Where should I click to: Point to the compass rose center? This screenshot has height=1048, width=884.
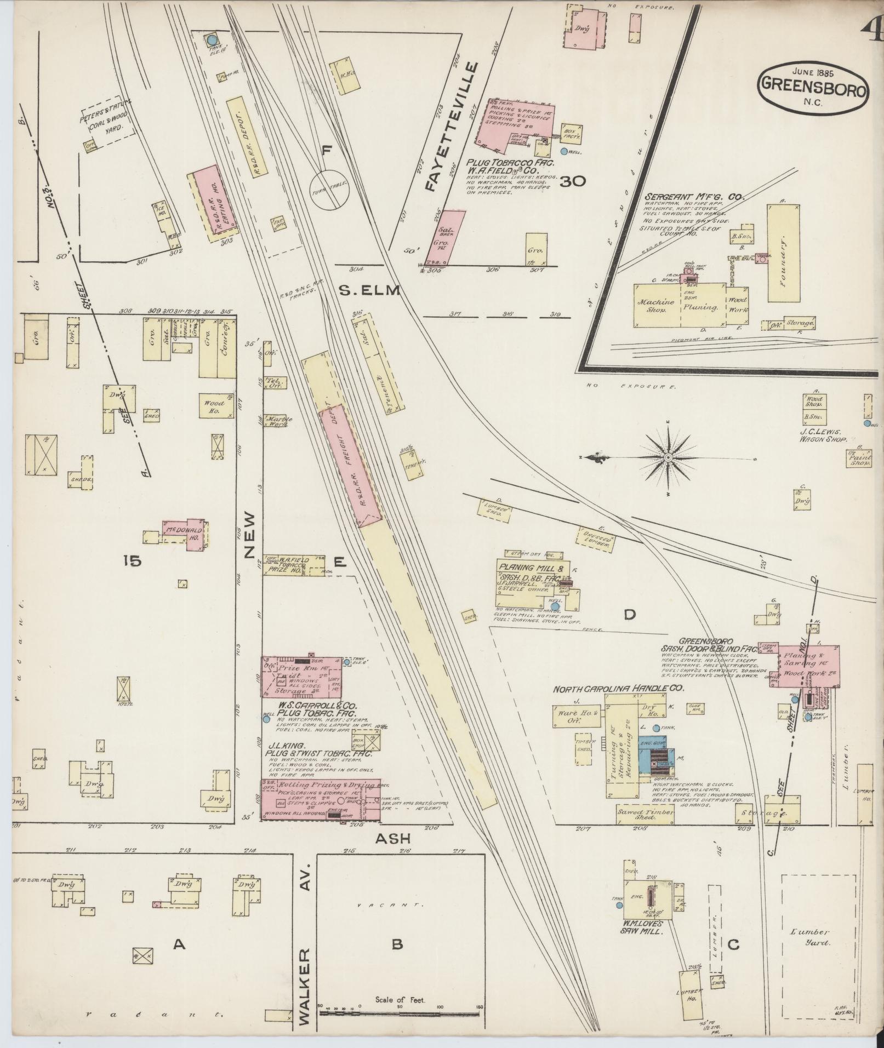(x=668, y=457)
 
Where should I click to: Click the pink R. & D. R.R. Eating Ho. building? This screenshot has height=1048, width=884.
(x=214, y=203)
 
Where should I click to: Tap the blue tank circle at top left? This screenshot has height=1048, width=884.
(x=212, y=39)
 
